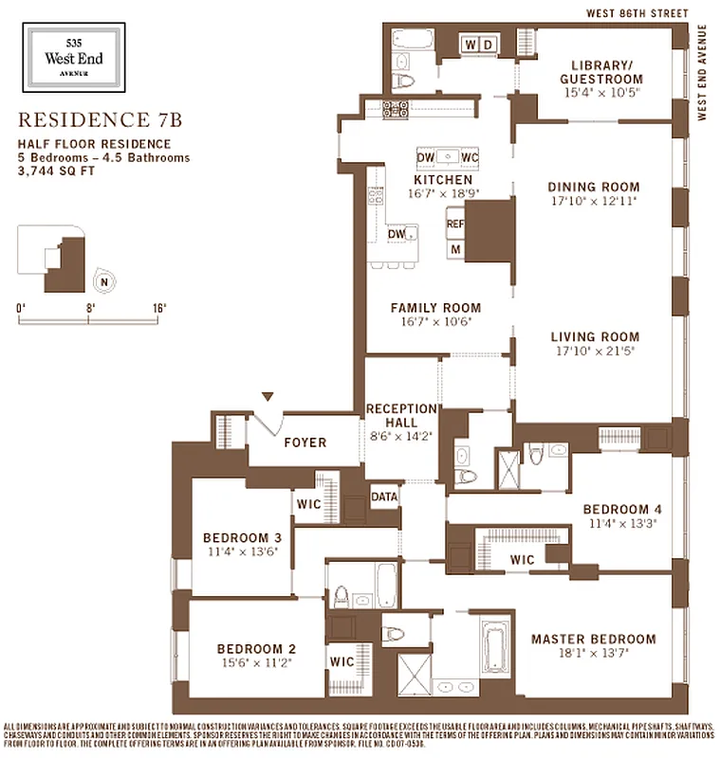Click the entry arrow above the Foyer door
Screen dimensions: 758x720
click(x=268, y=397)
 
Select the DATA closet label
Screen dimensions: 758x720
click(x=384, y=496)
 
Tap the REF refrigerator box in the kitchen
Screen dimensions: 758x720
click(x=455, y=225)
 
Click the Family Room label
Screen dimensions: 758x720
click(x=435, y=308)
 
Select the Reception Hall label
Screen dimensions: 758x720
click(x=400, y=416)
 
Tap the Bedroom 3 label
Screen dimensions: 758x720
click(x=242, y=538)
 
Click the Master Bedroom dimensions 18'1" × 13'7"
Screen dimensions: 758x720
click(x=593, y=653)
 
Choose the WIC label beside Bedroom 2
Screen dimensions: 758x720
click(x=341, y=659)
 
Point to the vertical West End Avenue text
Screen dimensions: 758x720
click(x=703, y=71)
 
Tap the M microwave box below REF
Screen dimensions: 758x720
click(x=455, y=248)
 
